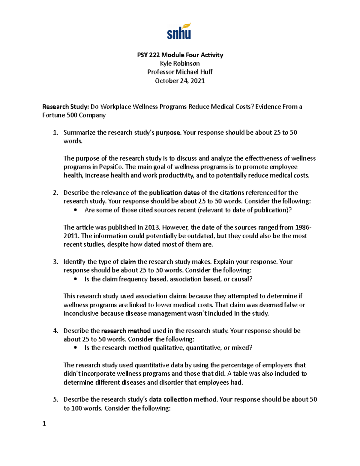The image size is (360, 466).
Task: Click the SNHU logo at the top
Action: point(179,31)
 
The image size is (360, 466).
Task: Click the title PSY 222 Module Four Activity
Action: point(180,55)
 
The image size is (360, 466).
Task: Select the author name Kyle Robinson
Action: point(180,63)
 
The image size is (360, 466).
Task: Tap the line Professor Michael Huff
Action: point(180,72)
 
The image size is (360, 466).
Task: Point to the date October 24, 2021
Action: point(180,81)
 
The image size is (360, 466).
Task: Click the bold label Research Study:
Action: point(66,107)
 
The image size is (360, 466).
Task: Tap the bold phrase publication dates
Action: point(174,193)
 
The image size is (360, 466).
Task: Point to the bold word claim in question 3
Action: point(128,262)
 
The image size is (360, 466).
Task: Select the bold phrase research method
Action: point(126,331)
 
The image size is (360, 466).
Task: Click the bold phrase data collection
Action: point(170,399)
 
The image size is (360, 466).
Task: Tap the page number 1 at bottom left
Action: point(44,424)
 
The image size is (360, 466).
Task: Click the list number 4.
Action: point(55,331)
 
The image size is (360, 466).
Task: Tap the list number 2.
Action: point(55,193)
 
